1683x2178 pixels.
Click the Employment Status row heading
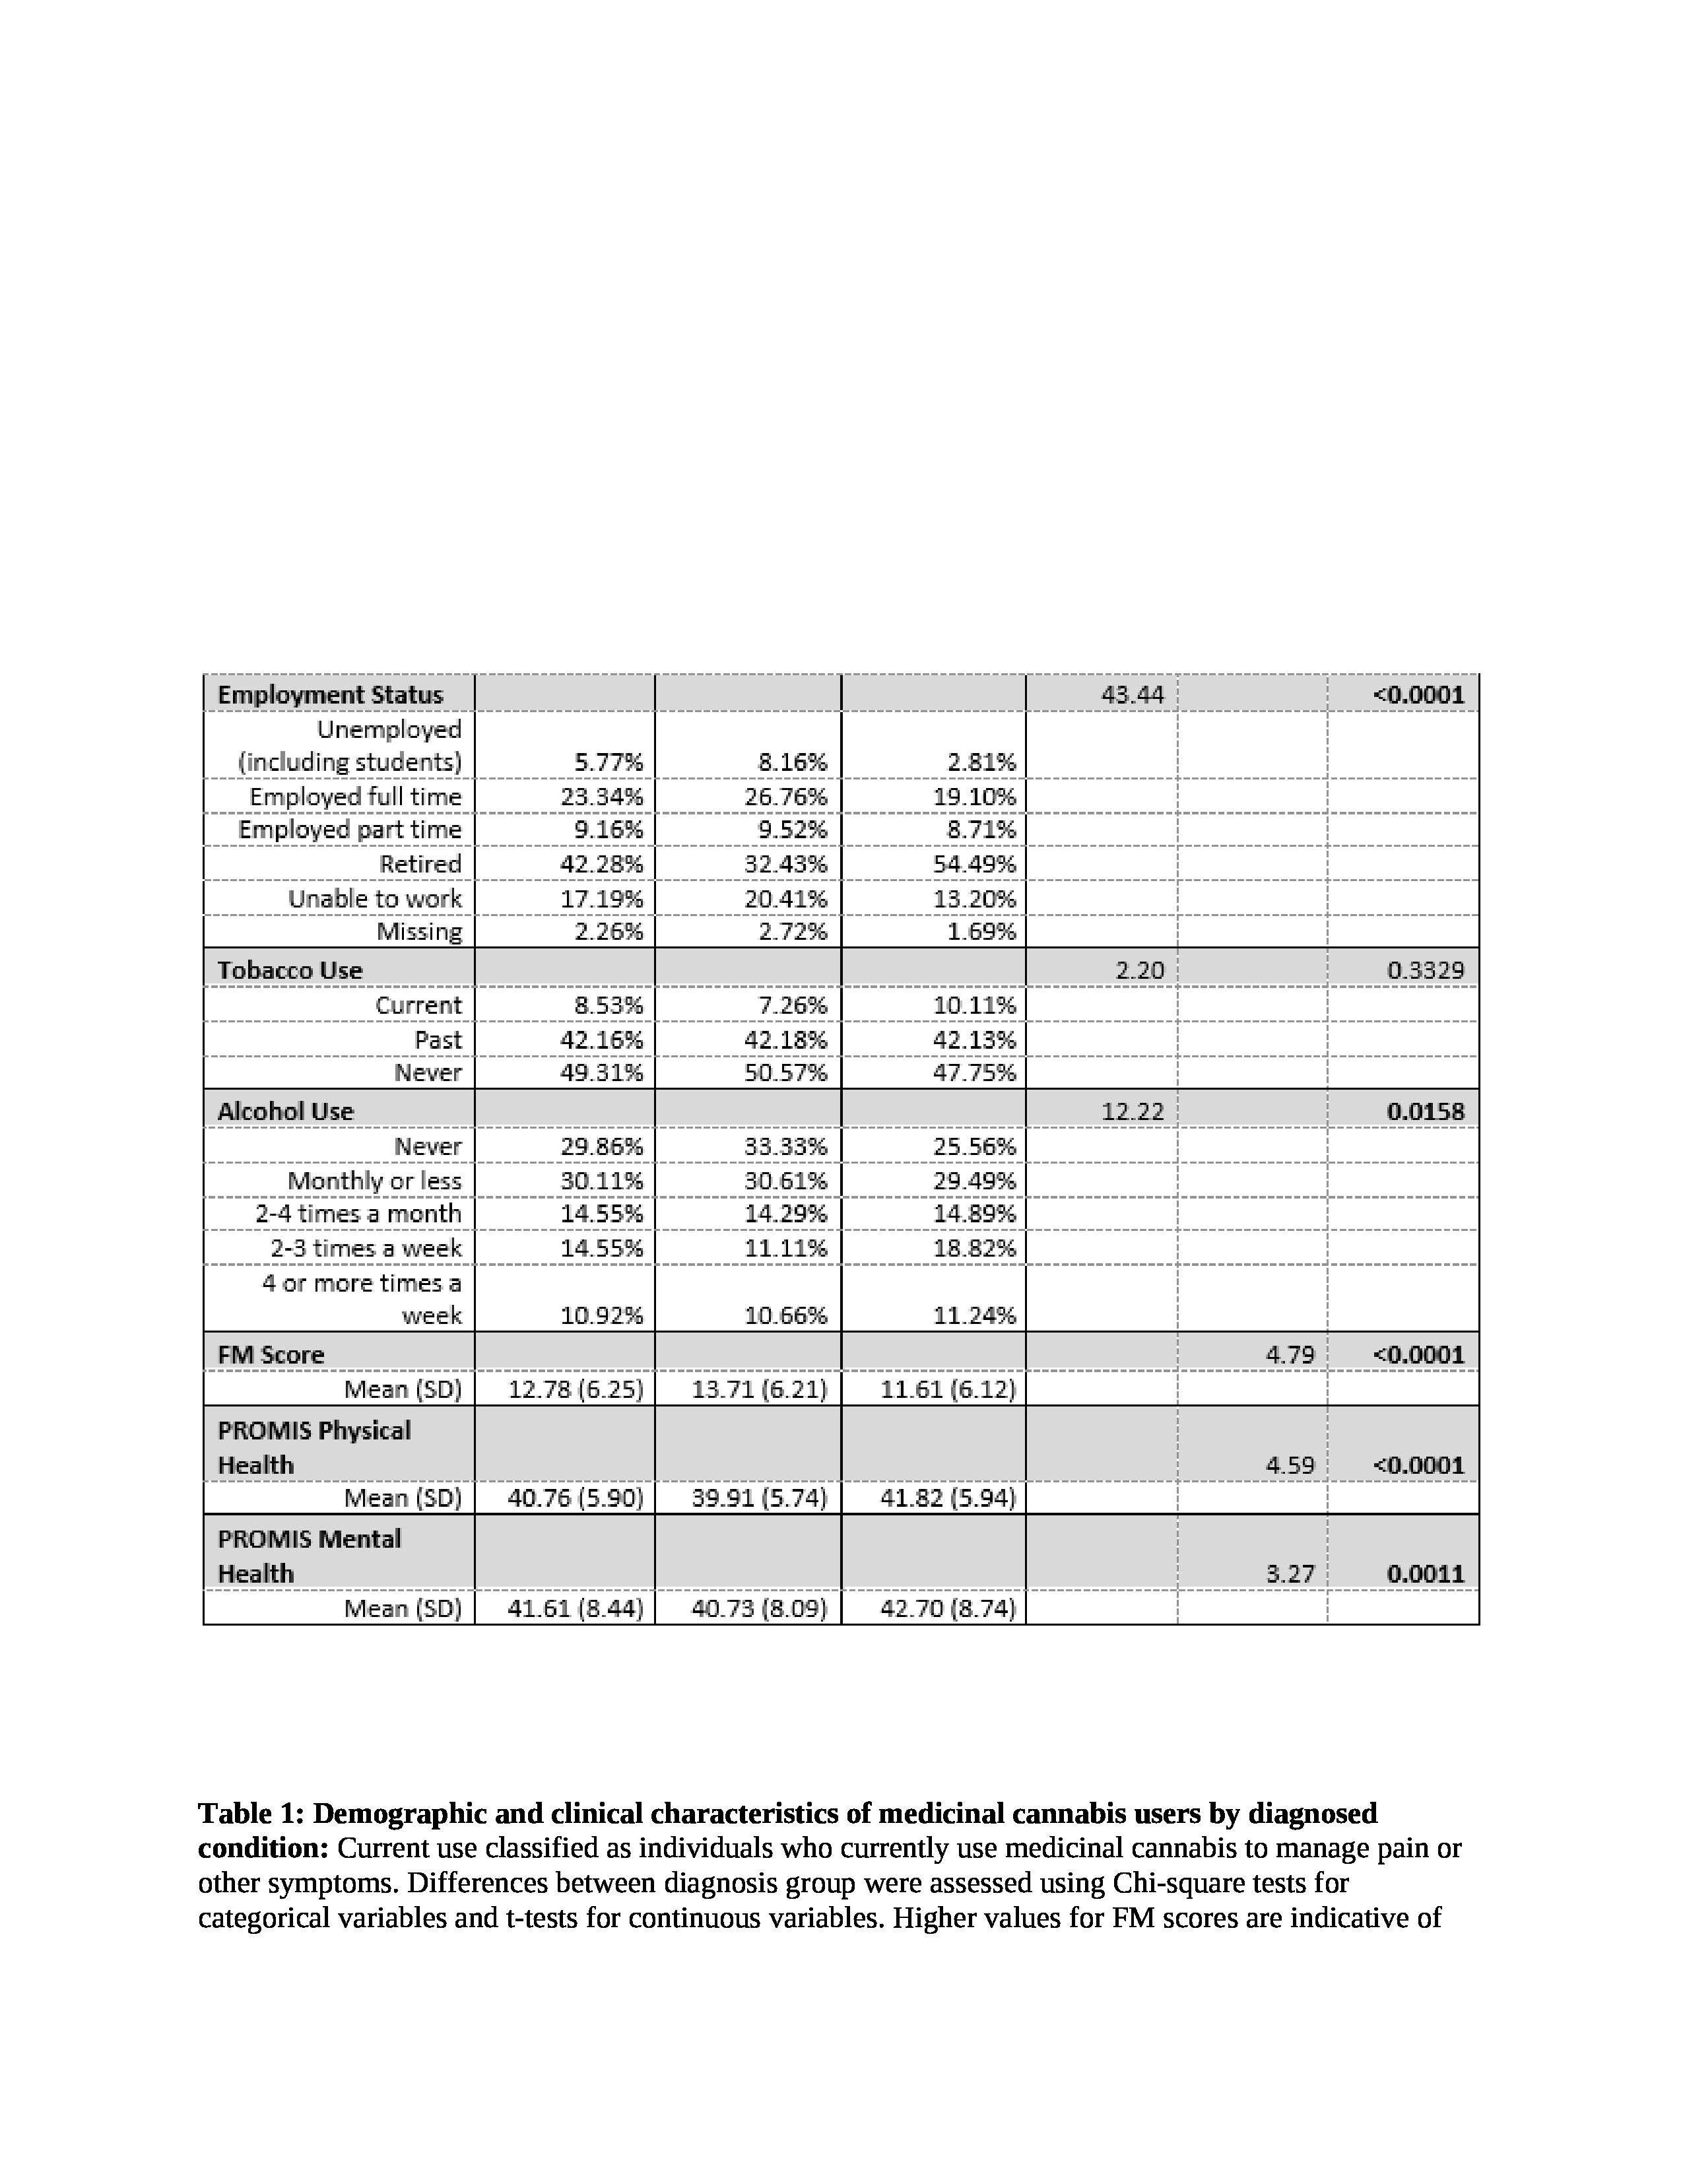point(330,694)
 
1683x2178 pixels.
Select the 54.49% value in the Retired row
point(974,864)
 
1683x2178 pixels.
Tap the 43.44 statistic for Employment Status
point(1132,694)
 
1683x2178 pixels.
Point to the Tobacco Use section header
point(290,970)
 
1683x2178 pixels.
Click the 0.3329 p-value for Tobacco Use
point(1425,970)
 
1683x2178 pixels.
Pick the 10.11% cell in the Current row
point(974,1005)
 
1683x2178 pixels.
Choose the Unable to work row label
point(375,898)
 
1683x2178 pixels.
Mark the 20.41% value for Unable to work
point(785,898)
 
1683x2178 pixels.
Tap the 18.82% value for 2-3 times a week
point(974,1249)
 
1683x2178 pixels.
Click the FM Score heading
point(271,1354)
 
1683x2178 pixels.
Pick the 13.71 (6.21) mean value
point(760,1389)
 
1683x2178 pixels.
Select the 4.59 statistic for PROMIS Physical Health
point(1290,1465)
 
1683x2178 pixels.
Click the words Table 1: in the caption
point(251,1813)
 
